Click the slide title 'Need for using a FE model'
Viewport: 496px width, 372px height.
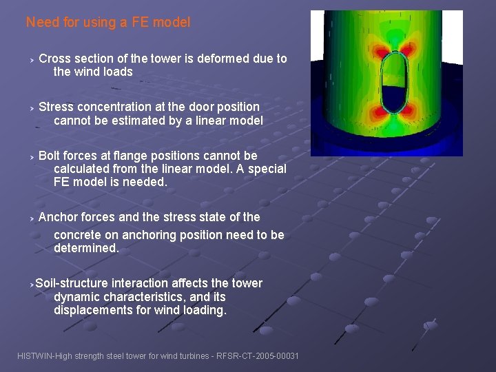click(x=108, y=22)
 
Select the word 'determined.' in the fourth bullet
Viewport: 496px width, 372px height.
click(x=86, y=248)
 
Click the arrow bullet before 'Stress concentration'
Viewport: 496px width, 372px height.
click(x=31, y=107)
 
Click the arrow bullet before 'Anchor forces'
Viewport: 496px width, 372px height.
click(x=31, y=218)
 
